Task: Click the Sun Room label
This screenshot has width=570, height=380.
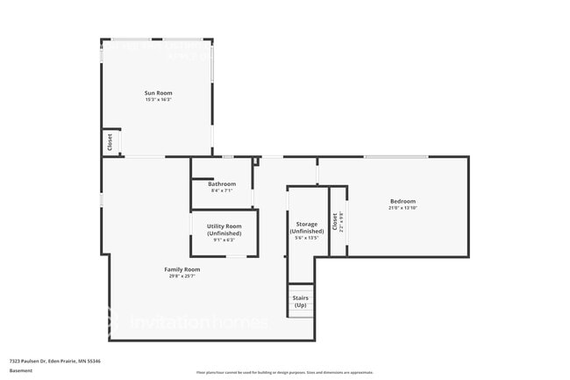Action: tap(158, 92)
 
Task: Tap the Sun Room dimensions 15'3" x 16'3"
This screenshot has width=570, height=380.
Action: tap(158, 99)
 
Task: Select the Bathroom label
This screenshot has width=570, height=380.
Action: tap(222, 183)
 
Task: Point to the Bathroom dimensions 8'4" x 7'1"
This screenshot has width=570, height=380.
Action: tap(222, 190)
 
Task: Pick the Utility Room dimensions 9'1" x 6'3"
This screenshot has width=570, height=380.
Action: tap(224, 240)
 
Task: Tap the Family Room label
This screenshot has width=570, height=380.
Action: tap(182, 269)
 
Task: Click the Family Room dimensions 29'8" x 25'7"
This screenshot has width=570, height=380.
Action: tap(182, 276)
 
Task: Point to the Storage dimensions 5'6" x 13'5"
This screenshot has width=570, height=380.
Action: tap(306, 238)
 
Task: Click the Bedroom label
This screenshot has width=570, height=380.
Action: tap(403, 201)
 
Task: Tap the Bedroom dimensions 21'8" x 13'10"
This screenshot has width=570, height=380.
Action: tap(403, 208)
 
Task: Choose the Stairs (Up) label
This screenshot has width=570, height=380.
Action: tap(300, 300)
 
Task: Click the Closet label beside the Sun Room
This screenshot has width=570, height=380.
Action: tap(110, 142)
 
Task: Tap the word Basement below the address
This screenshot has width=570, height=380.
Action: tap(21, 370)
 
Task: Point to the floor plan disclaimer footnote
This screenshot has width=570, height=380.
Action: tap(284, 372)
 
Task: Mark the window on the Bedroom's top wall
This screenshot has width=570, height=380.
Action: tap(395, 157)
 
